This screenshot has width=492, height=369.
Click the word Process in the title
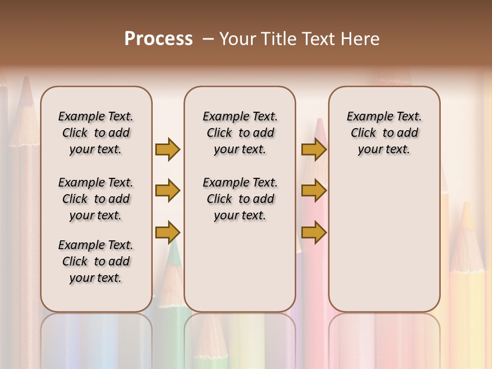point(158,39)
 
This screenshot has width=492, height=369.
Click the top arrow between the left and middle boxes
point(168,149)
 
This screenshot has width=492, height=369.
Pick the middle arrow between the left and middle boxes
point(168,191)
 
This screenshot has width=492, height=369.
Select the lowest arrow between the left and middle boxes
point(168,232)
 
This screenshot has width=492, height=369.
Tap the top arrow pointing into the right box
point(314,149)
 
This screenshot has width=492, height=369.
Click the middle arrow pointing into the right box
point(314,191)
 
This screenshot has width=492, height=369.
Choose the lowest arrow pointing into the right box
point(314,232)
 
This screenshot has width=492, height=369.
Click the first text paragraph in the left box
point(96,133)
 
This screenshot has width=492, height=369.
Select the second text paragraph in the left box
point(96,199)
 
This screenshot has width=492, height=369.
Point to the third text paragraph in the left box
point(96,261)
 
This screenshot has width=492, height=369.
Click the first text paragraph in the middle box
point(240,133)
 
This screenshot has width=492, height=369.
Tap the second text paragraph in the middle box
point(240,199)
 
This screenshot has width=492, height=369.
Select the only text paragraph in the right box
point(384,133)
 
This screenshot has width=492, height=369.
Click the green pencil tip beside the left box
point(173,256)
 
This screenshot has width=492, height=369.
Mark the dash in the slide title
point(208,39)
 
